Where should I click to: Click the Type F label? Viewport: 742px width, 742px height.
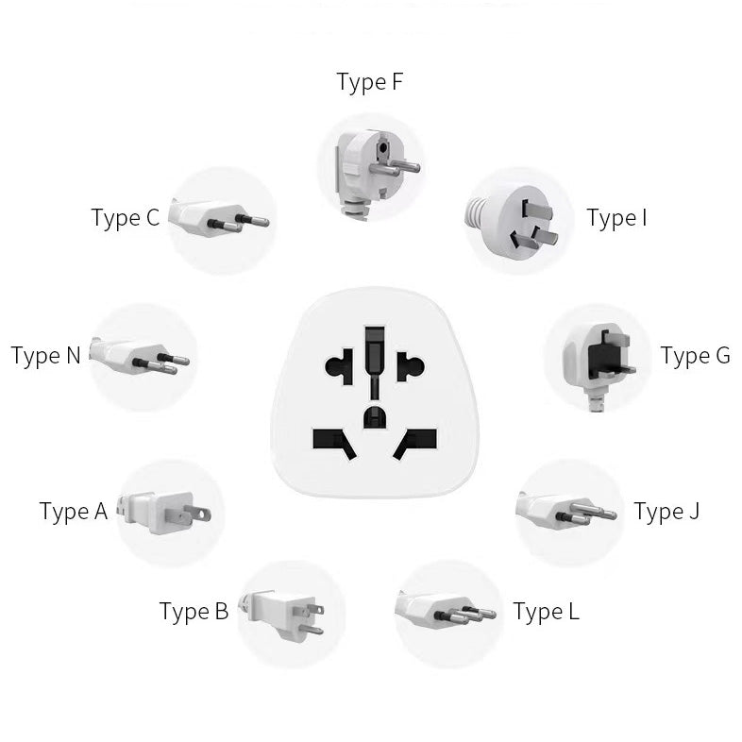pos(369,83)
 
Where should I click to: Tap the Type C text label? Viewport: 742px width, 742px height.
pos(126,218)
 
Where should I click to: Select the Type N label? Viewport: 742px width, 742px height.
pos(45,356)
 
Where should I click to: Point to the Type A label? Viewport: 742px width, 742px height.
pos(74,512)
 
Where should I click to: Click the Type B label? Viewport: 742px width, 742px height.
pos(194,612)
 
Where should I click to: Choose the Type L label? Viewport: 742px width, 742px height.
pos(547,612)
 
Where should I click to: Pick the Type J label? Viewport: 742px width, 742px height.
pos(666,512)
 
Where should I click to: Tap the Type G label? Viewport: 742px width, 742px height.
pos(695,356)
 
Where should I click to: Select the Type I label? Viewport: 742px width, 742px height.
pos(616,218)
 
